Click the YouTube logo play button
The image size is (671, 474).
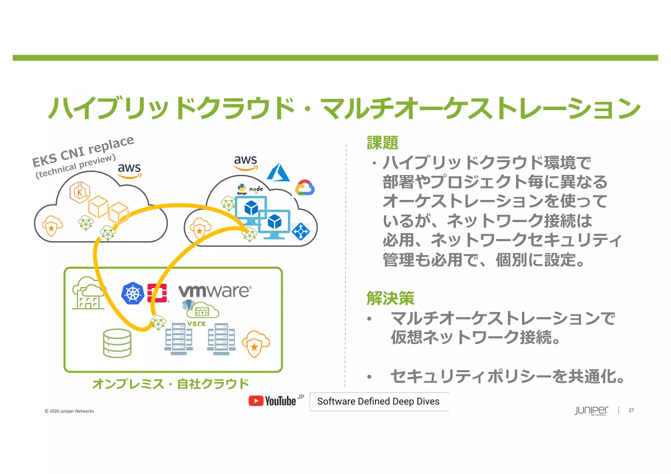pos(256,401)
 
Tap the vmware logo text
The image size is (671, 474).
pos(215,291)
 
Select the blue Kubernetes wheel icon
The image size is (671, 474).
pos(133,293)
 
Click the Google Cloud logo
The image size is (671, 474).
pos(305,188)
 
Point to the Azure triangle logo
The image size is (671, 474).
pos(278,173)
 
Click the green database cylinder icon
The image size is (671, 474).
pos(117,343)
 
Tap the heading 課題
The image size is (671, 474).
pos(382,143)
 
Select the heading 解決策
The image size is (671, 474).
pos(390,298)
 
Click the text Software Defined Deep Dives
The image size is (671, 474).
pos(378,401)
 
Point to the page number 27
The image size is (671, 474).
pos(631,410)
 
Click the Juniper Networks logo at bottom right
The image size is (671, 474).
pos(591,411)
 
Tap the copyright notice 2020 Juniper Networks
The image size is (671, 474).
pos(69,411)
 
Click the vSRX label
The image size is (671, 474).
pos(196,324)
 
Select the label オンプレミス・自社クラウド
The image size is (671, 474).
pos(170,384)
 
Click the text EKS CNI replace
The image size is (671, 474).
pos(83,151)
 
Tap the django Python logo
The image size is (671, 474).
pos(242,189)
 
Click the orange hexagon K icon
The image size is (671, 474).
pos(79,192)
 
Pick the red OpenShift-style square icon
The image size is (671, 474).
pos(157,293)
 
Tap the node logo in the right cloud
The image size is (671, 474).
pos(256,189)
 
